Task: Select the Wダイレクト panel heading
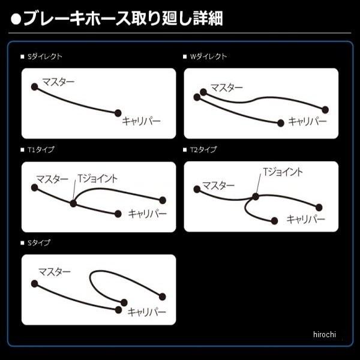(208, 56)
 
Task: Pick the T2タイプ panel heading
(203, 149)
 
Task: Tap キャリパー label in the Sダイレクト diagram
(141, 121)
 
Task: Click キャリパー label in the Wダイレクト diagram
(307, 121)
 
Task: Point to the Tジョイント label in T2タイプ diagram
(283, 172)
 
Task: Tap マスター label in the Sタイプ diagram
(55, 271)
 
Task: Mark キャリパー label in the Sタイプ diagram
(148, 312)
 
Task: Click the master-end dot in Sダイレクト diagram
(34, 86)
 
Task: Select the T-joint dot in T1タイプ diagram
(73, 203)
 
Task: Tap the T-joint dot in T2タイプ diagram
(256, 196)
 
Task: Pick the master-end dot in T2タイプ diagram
(196, 189)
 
